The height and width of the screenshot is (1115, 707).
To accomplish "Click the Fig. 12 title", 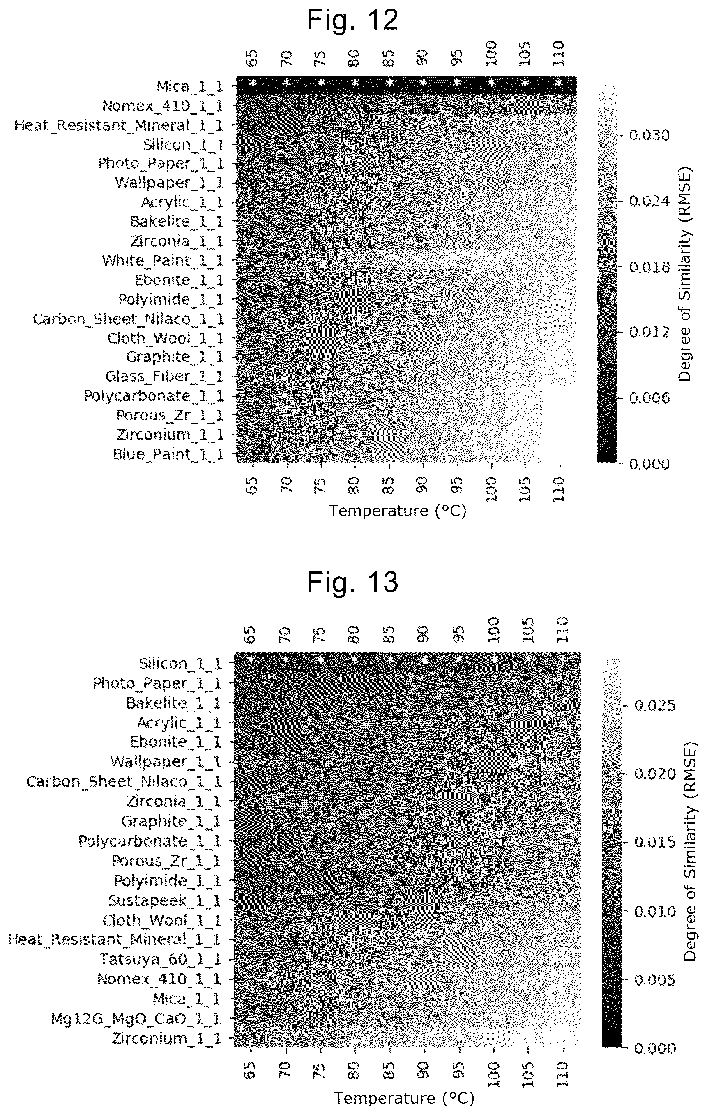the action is point(352,21).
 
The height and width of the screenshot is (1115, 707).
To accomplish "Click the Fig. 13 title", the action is point(352,582).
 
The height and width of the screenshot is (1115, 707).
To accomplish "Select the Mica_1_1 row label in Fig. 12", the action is point(190,86).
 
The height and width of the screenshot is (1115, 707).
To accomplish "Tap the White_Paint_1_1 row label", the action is point(163,261).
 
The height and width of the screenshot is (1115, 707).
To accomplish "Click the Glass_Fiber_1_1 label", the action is point(164,376).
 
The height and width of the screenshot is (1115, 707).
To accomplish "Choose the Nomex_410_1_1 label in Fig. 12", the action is point(163,106).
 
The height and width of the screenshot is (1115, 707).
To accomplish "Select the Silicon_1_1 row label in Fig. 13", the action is point(181,663).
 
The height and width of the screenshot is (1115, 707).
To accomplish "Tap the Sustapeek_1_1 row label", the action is point(165,901).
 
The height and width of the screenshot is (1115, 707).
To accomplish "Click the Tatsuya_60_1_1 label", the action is point(161,959).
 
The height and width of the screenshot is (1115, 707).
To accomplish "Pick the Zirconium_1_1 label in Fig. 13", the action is point(167,1039).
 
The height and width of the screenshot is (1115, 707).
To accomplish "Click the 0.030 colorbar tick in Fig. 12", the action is point(649,135).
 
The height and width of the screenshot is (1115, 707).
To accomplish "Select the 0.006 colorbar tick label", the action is point(649,398).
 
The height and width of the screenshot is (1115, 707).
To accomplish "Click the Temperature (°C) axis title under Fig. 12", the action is point(398,511).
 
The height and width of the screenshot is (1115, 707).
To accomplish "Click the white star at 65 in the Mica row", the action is point(253,83).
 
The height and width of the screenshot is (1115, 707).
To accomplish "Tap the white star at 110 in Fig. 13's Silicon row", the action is point(563,659).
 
